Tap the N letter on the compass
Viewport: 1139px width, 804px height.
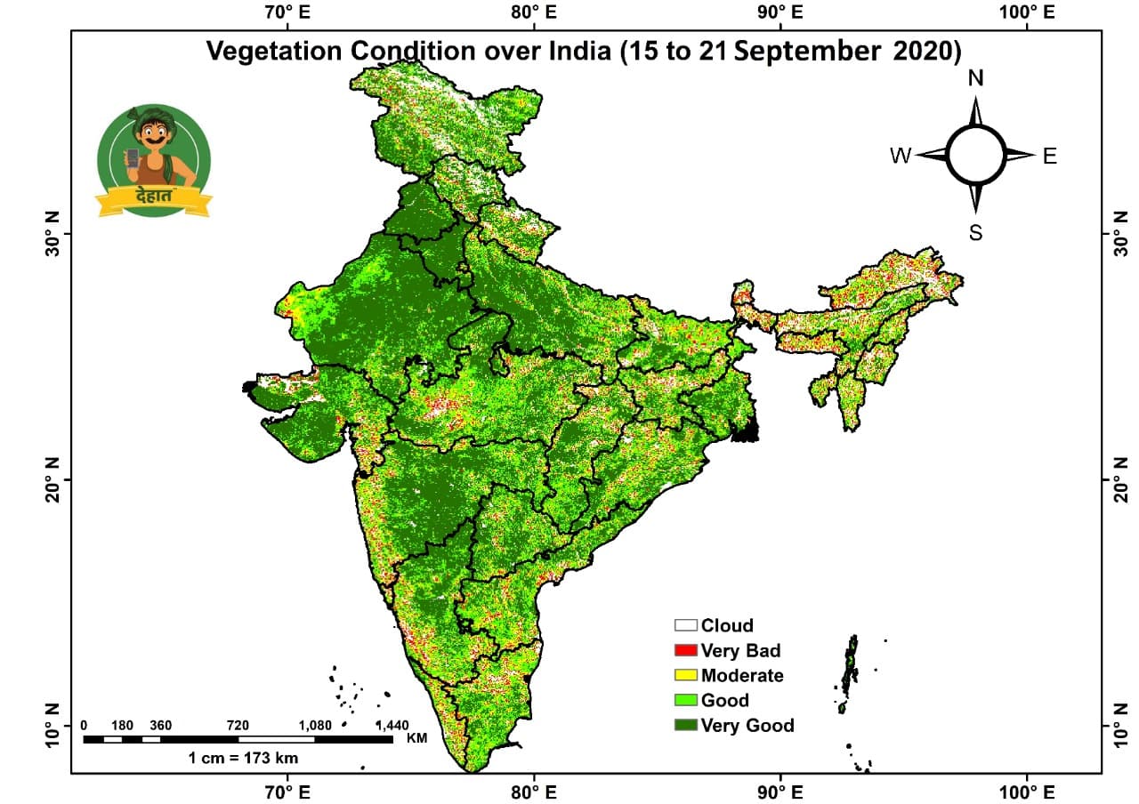pyautogui.click(x=976, y=78)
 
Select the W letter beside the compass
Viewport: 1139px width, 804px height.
pyautogui.click(x=901, y=157)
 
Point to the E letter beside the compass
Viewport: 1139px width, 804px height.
pyautogui.click(x=1050, y=157)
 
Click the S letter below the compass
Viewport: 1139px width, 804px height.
pyautogui.click(x=976, y=234)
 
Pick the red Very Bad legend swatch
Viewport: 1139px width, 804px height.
pyautogui.click(x=685, y=650)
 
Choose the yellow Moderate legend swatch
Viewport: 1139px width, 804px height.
pyautogui.click(x=685, y=675)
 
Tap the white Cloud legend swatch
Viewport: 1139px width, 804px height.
pyautogui.click(x=685, y=625)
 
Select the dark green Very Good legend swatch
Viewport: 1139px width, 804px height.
pyautogui.click(x=685, y=725)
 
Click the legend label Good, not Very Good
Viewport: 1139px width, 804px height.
pyautogui.click(x=724, y=700)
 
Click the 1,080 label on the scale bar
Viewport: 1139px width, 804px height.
pyautogui.click(x=314, y=725)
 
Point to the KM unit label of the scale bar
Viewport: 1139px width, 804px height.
pyautogui.click(x=416, y=738)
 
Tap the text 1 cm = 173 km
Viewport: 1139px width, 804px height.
pyautogui.click(x=243, y=759)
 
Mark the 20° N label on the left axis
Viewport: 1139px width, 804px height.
pyautogui.click(x=52, y=479)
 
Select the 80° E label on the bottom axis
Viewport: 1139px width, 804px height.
pyautogui.click(x=532, y=790)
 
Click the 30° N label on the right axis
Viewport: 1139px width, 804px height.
pyautogui.click(x=1111, y=234)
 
